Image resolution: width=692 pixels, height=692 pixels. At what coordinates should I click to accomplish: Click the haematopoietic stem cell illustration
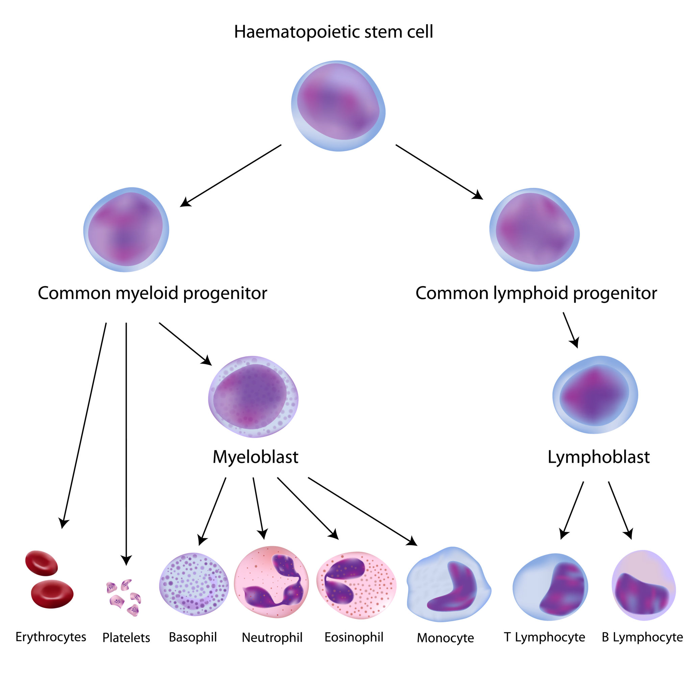click(x=338, y=106)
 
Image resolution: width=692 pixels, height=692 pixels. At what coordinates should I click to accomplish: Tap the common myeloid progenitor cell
click(x=126, y=229)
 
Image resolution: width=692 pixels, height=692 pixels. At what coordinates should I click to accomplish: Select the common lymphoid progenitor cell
click(x=534, y=229)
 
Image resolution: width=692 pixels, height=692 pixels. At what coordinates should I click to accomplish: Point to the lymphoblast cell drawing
click(x=595, y=395)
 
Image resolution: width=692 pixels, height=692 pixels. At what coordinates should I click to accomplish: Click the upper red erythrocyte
click(x=42, y=563)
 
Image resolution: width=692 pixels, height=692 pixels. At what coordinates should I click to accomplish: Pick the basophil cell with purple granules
click(x=194, y=584)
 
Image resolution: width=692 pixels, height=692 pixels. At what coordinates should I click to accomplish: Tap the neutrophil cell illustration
click(x=271, y=582)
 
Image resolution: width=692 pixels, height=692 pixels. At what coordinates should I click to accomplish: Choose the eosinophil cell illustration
click(x=356, y=585)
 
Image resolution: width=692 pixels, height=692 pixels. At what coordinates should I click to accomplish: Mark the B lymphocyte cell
click(x=644, y=586)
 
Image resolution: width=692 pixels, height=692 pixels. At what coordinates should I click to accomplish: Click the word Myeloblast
click(x=255, y=457)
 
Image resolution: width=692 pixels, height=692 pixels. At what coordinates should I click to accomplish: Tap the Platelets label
click(x=126, y=638)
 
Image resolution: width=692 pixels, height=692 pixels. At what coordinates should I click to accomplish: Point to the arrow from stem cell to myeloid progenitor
click(x=231, y=175)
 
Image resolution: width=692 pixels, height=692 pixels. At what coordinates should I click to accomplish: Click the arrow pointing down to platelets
click(x=126, y=441)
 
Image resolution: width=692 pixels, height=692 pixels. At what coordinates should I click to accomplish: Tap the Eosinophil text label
click(x=354, y=637)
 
